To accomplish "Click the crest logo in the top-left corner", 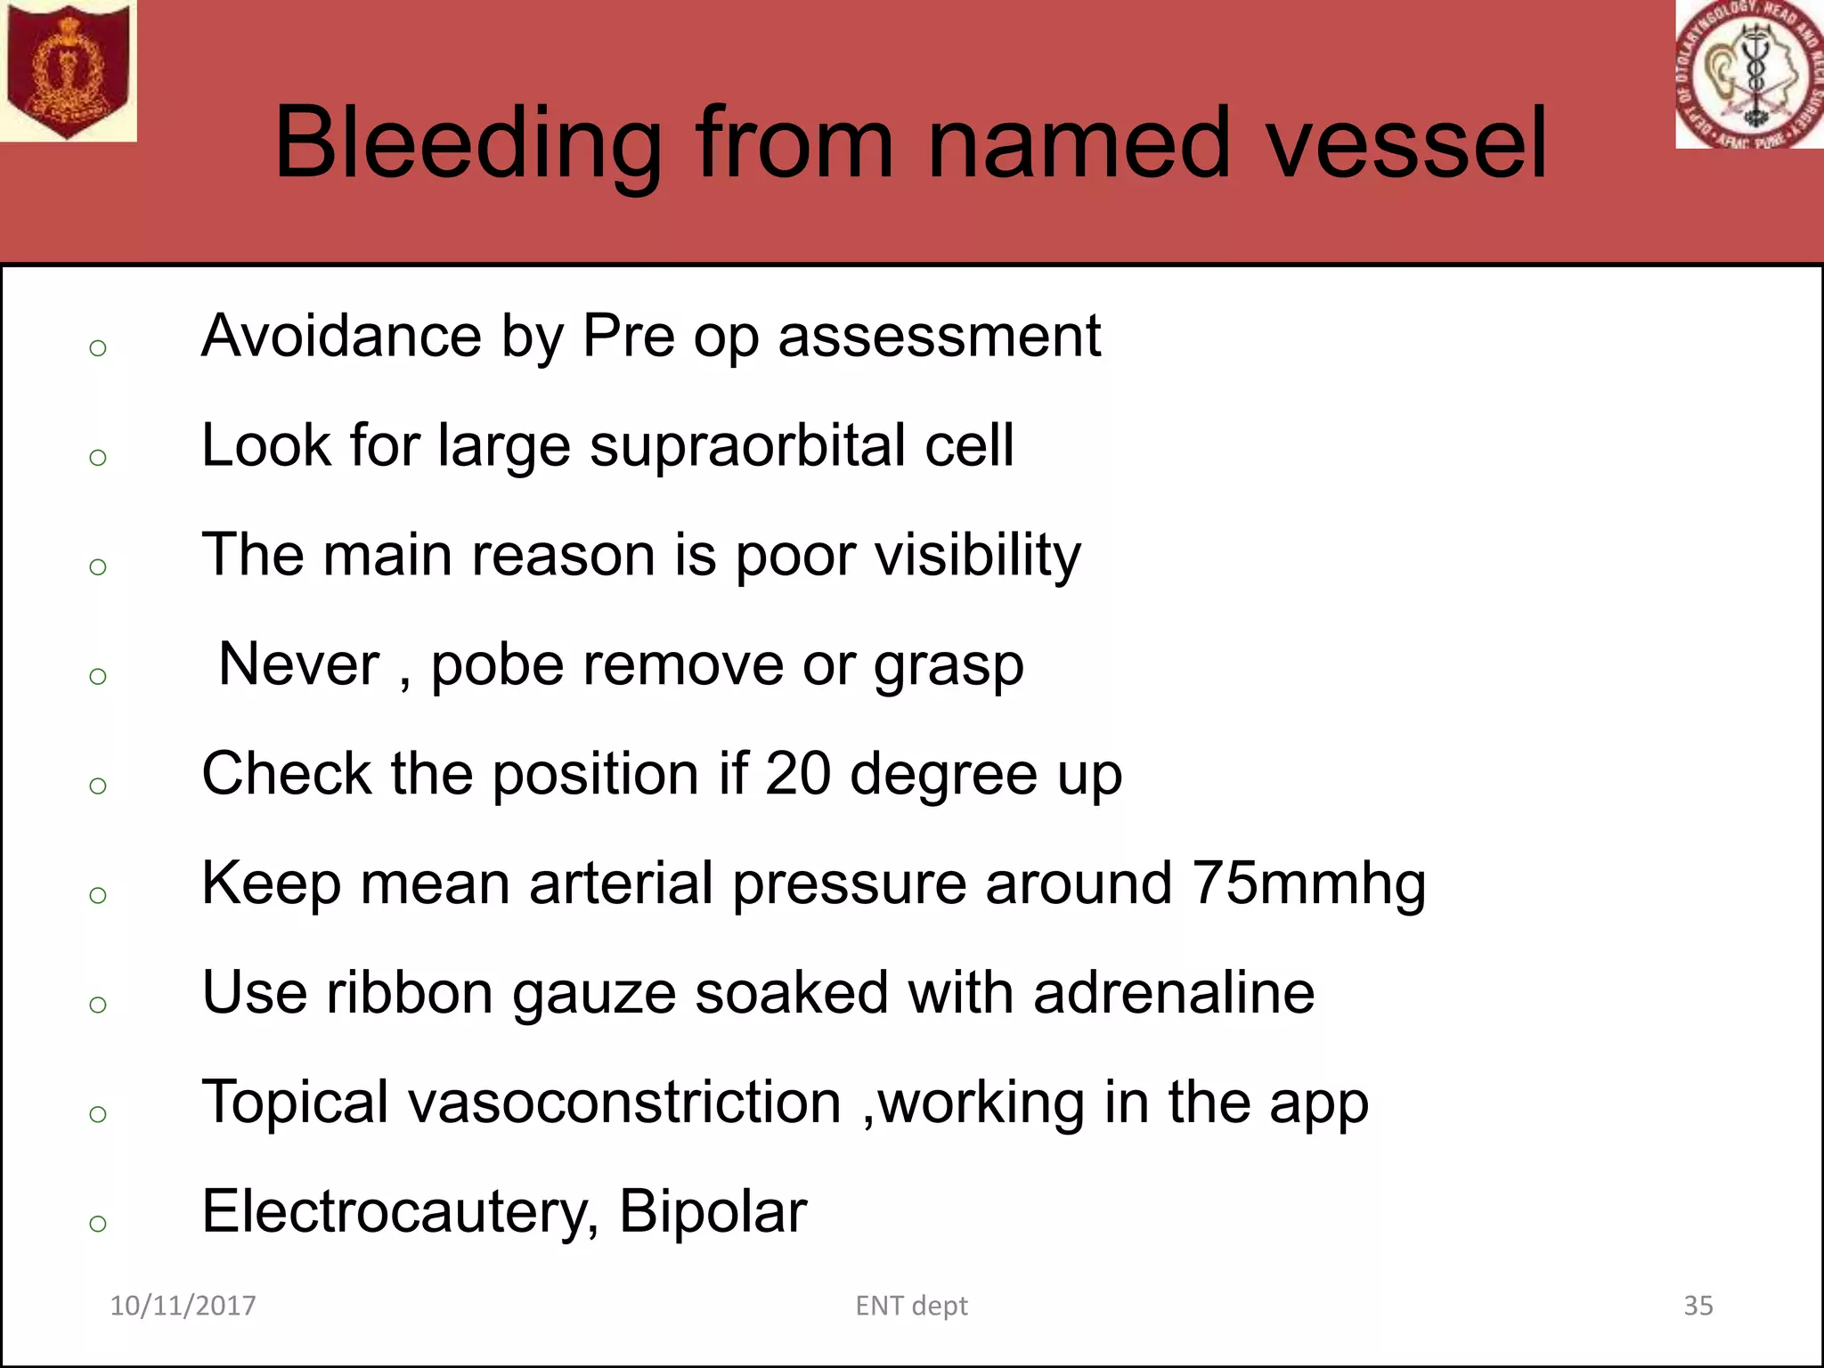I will pyautogui.click(x=68, y=70).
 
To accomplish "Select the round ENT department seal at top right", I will pyautogui.click(x=1749, y=74).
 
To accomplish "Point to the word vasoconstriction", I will pyautogui.click(x=624, y=1103).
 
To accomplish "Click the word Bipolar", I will pyautogui.click(x=712, y=1212).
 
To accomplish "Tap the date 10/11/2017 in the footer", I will pyautogui.click(x=183, y=1306).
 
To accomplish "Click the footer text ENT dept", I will pyautogui.click(x=911, y=1306).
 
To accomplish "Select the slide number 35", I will pyautogui.click(x=1698, y=1306).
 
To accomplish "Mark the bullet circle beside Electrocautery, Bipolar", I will pyautogui.click(x=98, y=1224).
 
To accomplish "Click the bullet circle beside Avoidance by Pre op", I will pyautogui.click(x=98, y=347).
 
